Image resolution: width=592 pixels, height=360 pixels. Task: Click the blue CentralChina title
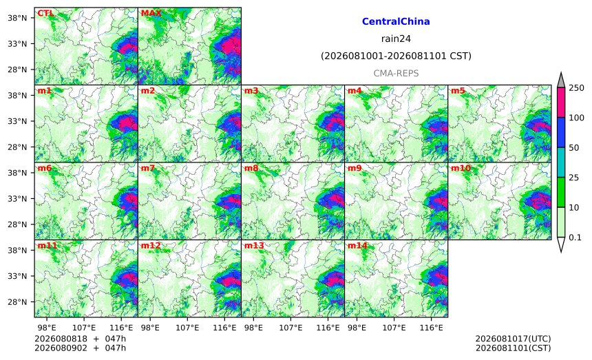pyautogui.click(x=396, y=21)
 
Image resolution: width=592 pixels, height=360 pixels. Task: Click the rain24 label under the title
pyautogui.click(x=396, y=39)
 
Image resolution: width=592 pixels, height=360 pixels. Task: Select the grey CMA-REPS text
pyautogui.click(x=396, y=73)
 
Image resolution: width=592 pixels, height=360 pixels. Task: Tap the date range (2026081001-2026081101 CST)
pyautogui.click(x=396, y=56)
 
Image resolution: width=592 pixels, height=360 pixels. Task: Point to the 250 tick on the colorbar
pyautogui.click(x=576, y=88)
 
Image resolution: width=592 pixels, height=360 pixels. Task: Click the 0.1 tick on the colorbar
pyautogui.click(x=575, y=237)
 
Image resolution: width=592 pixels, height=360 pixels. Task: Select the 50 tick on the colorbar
pyautogui.click(x=574, y=147)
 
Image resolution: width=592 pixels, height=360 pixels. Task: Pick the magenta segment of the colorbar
pyautogui.click(x=560, y=103)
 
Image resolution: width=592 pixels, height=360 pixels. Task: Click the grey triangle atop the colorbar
pyautogui.click(x=560, y=80)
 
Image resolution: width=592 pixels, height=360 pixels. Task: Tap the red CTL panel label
pyautogui.click(x=45, y=13)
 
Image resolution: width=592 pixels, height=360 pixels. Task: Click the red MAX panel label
pyautogui.click(x=151, y=13)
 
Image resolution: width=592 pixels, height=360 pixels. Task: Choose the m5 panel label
pyautogui.click(x=458, y=91)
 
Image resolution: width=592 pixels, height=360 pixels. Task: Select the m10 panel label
pyautogui.click(x=461, y=168)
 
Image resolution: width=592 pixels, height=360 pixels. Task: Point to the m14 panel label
pyautogui.click(x=357, y=246)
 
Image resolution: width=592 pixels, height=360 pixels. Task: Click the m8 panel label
pyautogui.click(x=251, y=168)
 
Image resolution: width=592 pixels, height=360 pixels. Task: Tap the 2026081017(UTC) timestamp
pyautogui.click(x=513, y=339)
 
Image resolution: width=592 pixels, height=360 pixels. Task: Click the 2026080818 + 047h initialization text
pyautogui.click(x=80, y=339)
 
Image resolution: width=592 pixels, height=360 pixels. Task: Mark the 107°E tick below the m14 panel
pyautogui.click(x=394, y=328)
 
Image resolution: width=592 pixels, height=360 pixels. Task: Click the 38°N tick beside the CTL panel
pyautogui.click(x=17, y=18)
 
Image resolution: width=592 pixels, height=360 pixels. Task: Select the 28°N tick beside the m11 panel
pyautogui.click(x=17, y=302)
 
